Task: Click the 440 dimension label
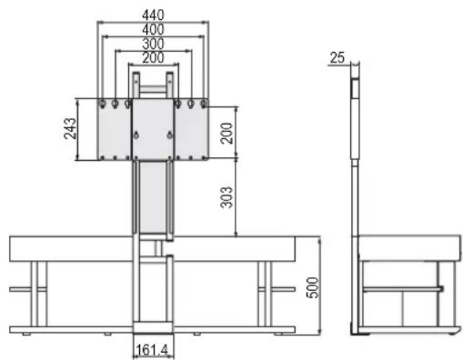click(x=153, y=15)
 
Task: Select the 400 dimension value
click(x=153, y=29)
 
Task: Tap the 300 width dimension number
click(x=153, y=44)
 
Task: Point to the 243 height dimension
click(x=70, y=128)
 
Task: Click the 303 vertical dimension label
click(x=226, y=197)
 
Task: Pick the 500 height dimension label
click(x=313, y=287)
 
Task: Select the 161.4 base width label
click(x=152, y=350)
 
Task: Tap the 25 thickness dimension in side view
click(x=337, y=57)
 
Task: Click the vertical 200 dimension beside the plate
click(x=226, y=133)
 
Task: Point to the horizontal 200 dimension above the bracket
click(x=153, y=57)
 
